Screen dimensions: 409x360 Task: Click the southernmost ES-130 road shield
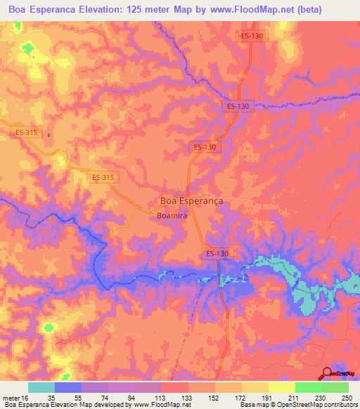click(x=219, y=252)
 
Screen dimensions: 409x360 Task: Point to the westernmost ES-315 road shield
click(x=27, y=132)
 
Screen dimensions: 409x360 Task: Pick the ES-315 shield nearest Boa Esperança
click(x=103, y=178)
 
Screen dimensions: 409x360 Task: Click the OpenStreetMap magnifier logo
click(x=327, y=374)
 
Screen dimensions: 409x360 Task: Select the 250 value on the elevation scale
click(x=346, y=398)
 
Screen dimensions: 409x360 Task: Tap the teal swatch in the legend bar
click(x=41, y=387)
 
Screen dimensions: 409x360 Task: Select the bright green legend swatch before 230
click(x=308, y=387)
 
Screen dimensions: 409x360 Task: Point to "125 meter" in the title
click(x=146, y=11)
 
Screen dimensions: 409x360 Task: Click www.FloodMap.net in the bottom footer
click(x=153, y=405)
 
